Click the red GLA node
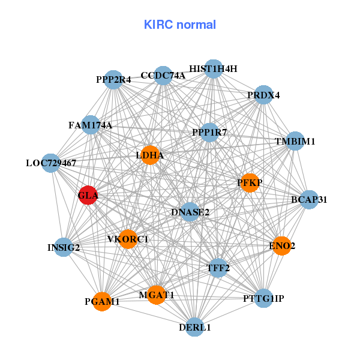88,196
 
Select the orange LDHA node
149,155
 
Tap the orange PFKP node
249,182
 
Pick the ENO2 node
281,245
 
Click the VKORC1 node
128,239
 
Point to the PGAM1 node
102,301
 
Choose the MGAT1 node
156,295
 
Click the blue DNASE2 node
190,212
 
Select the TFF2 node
219,268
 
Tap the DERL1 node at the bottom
194,326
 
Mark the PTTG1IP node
263,298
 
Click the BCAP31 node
308,199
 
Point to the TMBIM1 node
295,142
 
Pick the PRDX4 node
263,95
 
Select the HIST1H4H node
213,69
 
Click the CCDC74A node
163,76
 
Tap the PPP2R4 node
113,79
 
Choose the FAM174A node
90,125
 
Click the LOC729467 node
51,163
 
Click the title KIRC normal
180,25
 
